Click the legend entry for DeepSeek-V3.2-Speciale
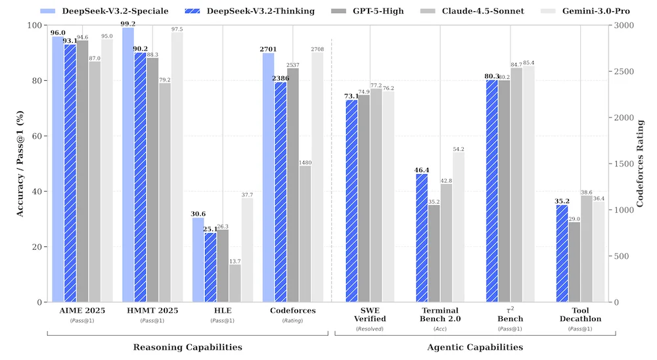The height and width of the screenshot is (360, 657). tap(112, 11)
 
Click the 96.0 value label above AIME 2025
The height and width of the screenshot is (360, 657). tap(58, 32)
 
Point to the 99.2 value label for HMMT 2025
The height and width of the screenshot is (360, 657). tap(128, 24)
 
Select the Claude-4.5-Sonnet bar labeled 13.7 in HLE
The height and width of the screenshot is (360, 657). tap(235, 283)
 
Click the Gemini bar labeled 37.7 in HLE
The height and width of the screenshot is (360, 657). tap(247, 250)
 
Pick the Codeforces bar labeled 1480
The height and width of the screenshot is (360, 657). tap(305, 234)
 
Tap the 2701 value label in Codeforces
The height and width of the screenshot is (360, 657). tap(269, 49)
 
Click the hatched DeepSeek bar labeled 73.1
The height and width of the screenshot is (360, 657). tap(352, 201)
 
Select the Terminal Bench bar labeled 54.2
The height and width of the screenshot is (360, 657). tap(458, 227)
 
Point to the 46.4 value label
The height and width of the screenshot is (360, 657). tap(421, 169)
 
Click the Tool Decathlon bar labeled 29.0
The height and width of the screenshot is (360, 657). tap(574, 262)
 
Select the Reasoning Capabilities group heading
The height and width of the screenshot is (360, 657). tap(187, 347)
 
